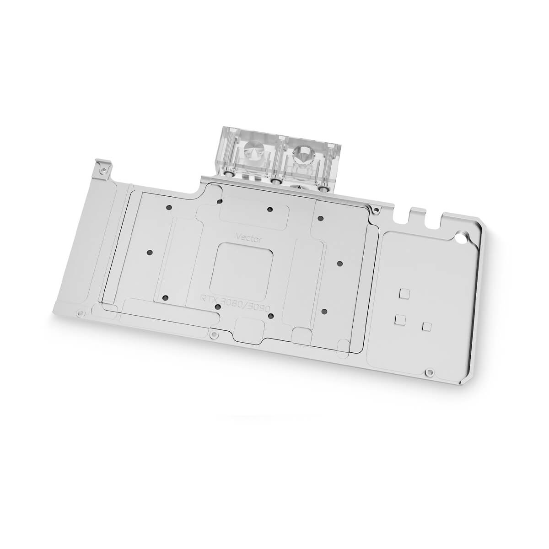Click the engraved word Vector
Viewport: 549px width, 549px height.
248,236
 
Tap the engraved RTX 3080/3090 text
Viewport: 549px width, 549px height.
234,299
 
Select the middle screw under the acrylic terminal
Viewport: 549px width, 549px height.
275,182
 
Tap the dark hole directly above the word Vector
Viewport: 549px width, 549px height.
270,210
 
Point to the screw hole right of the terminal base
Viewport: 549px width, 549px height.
376,211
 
